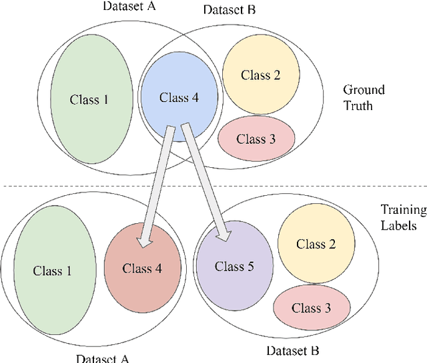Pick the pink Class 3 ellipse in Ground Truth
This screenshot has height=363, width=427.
click(x=256, y=139)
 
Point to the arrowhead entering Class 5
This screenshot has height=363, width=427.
click(x=226, y=234)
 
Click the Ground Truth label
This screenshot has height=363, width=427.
click(x=363, y=98)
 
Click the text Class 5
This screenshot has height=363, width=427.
click(x=234, y=266)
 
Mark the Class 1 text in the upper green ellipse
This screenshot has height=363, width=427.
click(x=89, y=100)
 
